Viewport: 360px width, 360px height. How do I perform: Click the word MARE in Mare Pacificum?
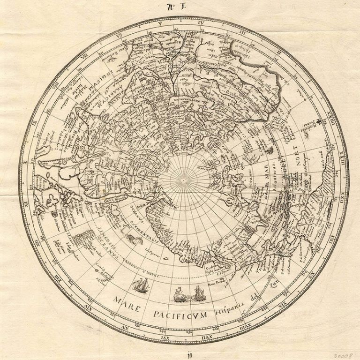(126, 300)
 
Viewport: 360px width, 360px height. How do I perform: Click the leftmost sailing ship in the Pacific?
(141, 285)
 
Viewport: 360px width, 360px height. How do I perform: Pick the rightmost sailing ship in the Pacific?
(198, 293)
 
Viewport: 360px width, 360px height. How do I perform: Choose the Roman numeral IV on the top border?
(201, 22)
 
